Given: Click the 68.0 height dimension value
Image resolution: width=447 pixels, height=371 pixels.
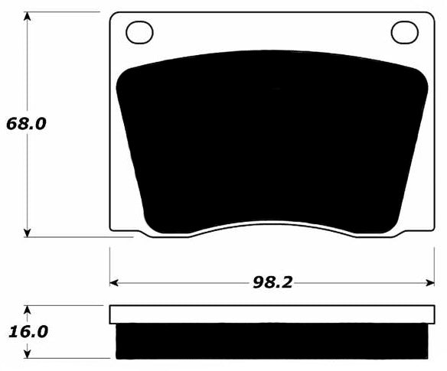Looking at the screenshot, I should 26,123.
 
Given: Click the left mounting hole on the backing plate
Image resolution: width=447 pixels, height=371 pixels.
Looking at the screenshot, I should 139,33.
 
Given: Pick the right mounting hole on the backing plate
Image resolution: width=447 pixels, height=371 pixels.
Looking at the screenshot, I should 405,33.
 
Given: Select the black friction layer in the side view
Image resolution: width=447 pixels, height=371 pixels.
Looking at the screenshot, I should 272,341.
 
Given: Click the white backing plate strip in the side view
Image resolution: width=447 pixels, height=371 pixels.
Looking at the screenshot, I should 272,314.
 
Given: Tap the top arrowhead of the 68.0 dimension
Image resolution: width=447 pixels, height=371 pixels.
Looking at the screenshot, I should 28,16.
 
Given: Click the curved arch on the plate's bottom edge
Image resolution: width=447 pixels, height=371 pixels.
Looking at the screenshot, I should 272,223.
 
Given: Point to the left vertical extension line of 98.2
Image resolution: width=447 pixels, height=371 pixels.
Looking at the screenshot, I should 110,264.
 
